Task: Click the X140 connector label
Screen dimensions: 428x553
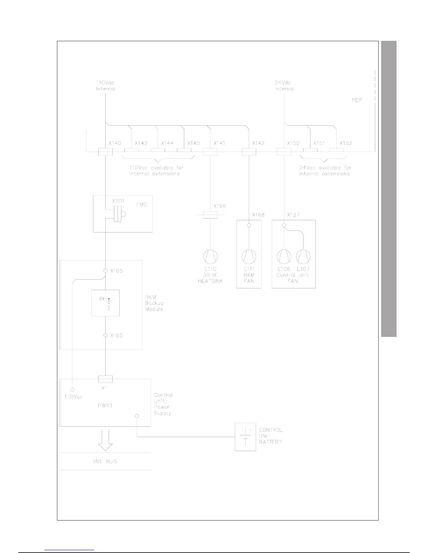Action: (x=114, y=143)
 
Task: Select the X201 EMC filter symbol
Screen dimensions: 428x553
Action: (x=119, y=213)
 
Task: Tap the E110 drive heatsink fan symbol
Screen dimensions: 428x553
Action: (x=210, y=257)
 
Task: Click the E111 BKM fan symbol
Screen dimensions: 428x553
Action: (x=249, y=257)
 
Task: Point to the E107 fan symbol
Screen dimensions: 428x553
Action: (x=303, y=257)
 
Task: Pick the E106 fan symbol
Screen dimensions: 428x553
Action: (x=284, y=257)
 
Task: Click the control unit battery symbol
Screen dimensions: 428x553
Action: (x=245, y=437)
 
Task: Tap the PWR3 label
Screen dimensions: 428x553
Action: (x=105, y=406)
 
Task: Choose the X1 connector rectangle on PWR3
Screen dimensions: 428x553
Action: (x=105, y=379)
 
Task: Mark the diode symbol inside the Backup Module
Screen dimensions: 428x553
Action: (x=102, y=299)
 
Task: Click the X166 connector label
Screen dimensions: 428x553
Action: (x=220, y=206)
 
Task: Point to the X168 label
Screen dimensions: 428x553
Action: (x=258, y=215)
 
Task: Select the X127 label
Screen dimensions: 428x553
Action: (x=293, y=215)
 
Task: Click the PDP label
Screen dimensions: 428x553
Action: (x=357, y=100)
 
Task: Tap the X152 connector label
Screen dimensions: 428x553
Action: (x=345, y=143)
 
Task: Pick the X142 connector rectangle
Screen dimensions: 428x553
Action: (x=249, y=152)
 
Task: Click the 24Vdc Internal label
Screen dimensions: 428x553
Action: (x=284, y=86)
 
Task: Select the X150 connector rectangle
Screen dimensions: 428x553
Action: (x=284, y=152)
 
